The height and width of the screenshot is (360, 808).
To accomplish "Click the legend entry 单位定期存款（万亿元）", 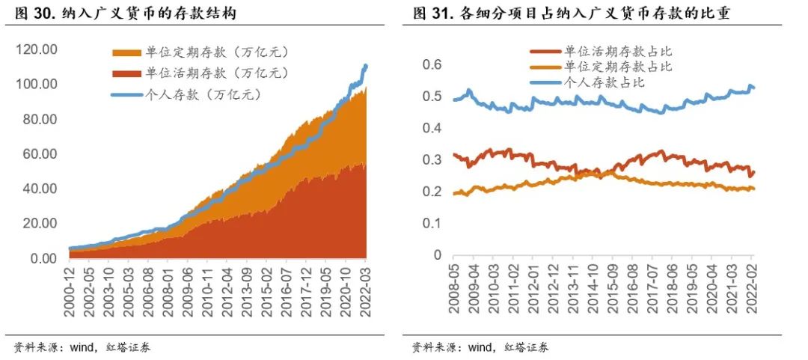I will click(x=200, y=52).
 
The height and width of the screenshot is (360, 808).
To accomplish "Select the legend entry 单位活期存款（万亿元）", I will click(x=200, y=73).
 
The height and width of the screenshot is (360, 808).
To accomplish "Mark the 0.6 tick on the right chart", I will click(x=430, y=65).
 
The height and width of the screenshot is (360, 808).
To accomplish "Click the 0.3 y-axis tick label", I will click(x=430, y=160).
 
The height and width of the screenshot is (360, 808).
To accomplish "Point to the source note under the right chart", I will click(x=480, y=347).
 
